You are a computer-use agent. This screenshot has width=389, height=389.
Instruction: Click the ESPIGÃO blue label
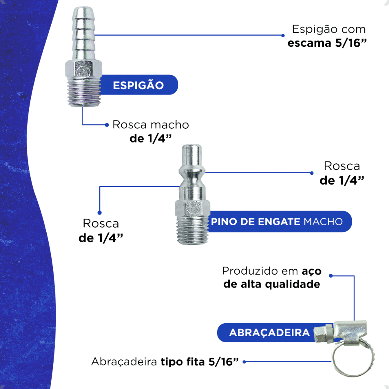tap(139, 85)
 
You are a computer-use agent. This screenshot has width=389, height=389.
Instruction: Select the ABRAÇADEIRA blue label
tap(268, 333)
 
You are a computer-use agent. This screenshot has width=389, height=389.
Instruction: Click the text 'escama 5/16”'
tap(327, 43)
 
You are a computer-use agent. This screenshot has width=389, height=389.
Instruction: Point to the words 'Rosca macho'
tap(151, 125)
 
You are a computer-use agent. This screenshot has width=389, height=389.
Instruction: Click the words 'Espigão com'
tap(329, 30)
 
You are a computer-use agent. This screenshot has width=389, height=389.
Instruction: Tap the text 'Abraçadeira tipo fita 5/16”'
tap(165, 362)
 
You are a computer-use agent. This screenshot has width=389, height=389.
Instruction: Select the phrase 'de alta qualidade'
tap(272, 284)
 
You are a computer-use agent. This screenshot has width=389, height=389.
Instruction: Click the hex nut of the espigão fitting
tap(84, 69)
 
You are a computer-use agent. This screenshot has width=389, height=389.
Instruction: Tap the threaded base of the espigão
tap(84, 92)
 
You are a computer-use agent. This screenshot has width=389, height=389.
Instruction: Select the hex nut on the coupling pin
tap(193, 208)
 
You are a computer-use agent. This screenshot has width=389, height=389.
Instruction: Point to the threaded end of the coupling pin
tap(193, 230)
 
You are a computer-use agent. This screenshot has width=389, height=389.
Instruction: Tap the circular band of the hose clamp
tap(333, 360)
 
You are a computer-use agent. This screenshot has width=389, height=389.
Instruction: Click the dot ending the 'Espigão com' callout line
tap(283, 35)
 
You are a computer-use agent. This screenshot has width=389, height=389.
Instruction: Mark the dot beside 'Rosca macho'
tap(107, 125)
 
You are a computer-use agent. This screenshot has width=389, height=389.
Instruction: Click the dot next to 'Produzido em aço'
tap(331, 276)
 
